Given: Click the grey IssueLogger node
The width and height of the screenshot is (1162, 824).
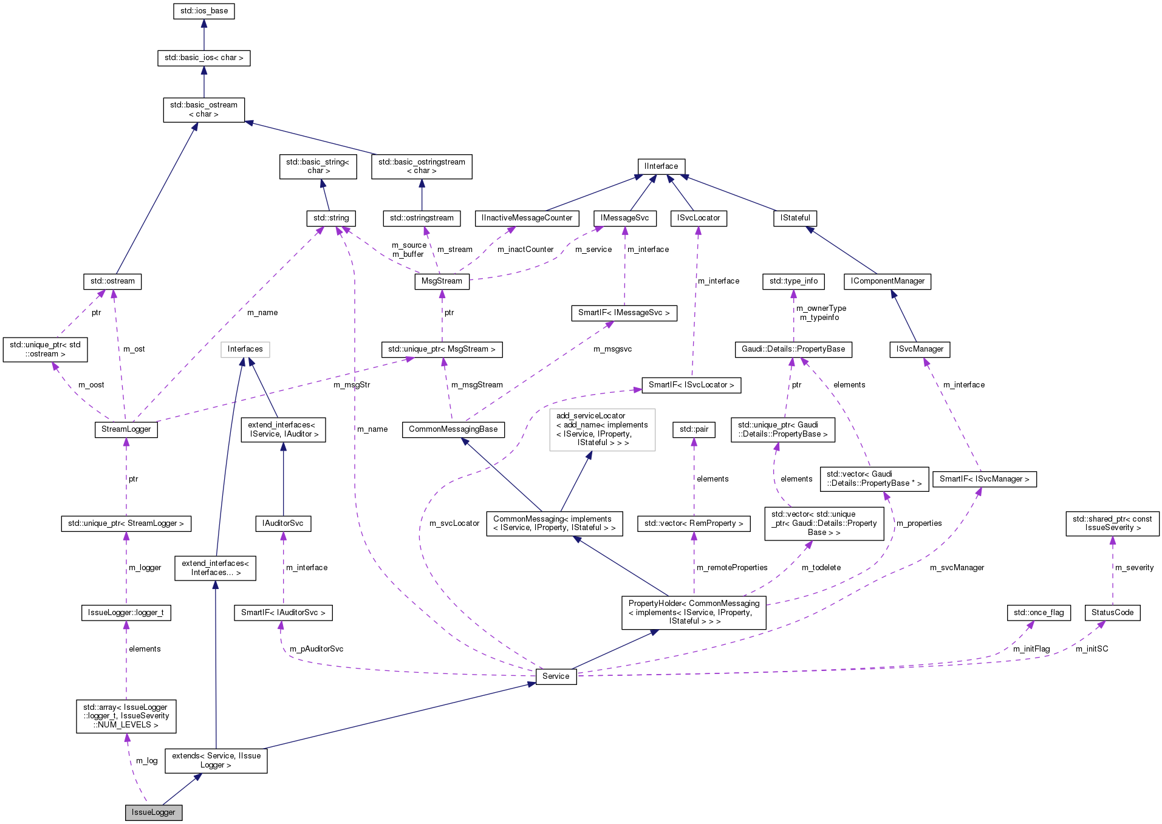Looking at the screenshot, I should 154,812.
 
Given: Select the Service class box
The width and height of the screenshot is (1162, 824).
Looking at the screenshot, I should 556,676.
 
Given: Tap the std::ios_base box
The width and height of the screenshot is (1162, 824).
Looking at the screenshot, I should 204,11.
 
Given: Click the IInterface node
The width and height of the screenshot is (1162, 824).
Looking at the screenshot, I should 661,166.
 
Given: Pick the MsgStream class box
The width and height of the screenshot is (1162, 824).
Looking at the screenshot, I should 442,281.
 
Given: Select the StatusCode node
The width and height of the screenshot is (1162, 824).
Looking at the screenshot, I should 1112,612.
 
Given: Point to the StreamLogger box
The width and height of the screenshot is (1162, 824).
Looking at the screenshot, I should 126,429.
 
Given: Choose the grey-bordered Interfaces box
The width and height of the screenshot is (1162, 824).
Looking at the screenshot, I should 245,349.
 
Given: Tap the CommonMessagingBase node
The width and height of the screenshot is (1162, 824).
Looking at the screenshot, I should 453,429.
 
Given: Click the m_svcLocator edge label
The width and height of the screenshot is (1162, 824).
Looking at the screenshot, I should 454,523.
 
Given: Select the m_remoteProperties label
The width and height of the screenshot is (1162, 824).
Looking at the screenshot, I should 732,568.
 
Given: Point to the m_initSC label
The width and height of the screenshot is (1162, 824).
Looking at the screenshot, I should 1092,649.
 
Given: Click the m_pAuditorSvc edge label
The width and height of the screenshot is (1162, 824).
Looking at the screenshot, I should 316,649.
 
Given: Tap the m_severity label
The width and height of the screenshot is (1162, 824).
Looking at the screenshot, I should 1134,568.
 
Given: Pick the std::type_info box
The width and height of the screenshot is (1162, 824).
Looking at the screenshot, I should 793,281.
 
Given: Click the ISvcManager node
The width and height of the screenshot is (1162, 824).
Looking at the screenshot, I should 920,349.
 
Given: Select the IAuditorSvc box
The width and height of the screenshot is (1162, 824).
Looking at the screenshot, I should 283,523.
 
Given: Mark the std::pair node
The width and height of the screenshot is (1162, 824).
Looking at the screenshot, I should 694,429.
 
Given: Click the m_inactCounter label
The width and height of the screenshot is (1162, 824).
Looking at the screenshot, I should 525,250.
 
